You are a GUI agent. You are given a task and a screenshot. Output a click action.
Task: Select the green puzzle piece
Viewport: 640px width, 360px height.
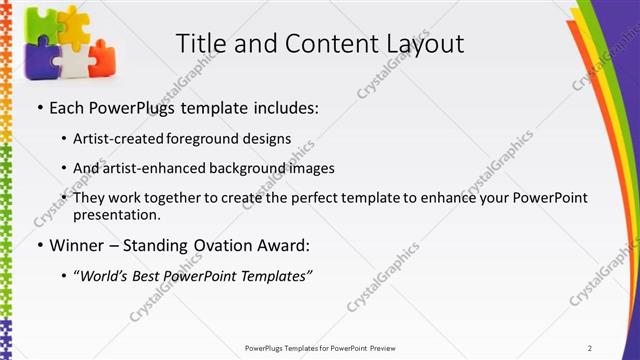coord(38,24)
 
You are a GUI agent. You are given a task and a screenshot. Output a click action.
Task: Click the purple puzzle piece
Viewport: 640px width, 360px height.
coord(38,61)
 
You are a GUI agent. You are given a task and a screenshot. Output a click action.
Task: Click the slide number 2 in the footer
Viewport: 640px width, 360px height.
coord(591,347)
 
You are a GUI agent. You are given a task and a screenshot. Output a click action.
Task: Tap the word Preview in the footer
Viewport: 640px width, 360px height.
coord(388,347)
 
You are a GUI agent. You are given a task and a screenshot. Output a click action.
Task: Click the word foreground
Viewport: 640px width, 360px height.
coord(214,138)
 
